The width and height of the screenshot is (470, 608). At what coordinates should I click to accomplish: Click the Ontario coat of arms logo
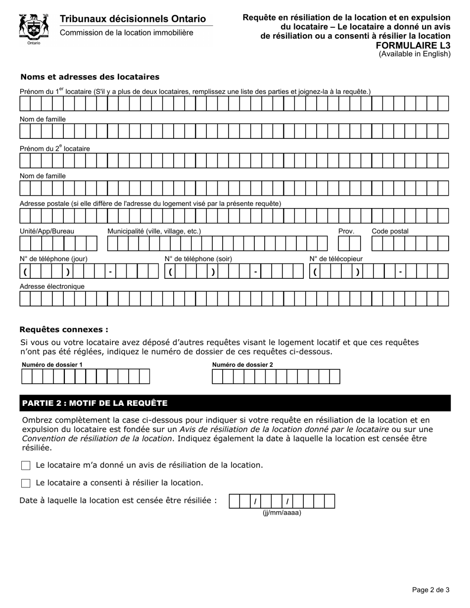[34, 28]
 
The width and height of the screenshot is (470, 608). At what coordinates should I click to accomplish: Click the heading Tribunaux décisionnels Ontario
[133, 19]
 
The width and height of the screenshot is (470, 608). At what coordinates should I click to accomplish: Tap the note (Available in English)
[415, 54]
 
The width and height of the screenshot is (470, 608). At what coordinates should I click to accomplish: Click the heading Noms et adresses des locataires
[90, 77]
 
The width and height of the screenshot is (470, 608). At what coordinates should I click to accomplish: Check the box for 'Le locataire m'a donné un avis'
[26, 465]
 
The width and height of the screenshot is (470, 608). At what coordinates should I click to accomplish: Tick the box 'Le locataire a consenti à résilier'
[26, 483]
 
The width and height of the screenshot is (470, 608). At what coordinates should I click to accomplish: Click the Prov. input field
[349, 244]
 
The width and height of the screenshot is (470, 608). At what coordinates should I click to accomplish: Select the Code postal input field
[410, 244]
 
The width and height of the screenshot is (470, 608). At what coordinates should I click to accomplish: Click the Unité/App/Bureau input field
[58, 244]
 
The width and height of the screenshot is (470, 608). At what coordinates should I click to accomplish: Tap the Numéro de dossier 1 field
[85, 377]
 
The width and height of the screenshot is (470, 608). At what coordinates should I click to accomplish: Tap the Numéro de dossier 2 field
[276, 377]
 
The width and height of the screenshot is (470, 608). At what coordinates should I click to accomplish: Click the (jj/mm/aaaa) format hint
[282, 513]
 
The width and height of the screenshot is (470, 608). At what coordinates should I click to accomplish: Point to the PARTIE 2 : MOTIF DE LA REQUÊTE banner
[235, 403]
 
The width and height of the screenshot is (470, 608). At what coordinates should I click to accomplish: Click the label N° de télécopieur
[336, 259]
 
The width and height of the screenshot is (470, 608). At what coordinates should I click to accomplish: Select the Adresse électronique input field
[234, 299]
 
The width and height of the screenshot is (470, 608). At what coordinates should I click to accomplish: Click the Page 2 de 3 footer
[430, 589]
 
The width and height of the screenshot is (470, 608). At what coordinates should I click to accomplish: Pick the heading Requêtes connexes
[63, 329]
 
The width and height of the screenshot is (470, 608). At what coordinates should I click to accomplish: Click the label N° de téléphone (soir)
[198, 259]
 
